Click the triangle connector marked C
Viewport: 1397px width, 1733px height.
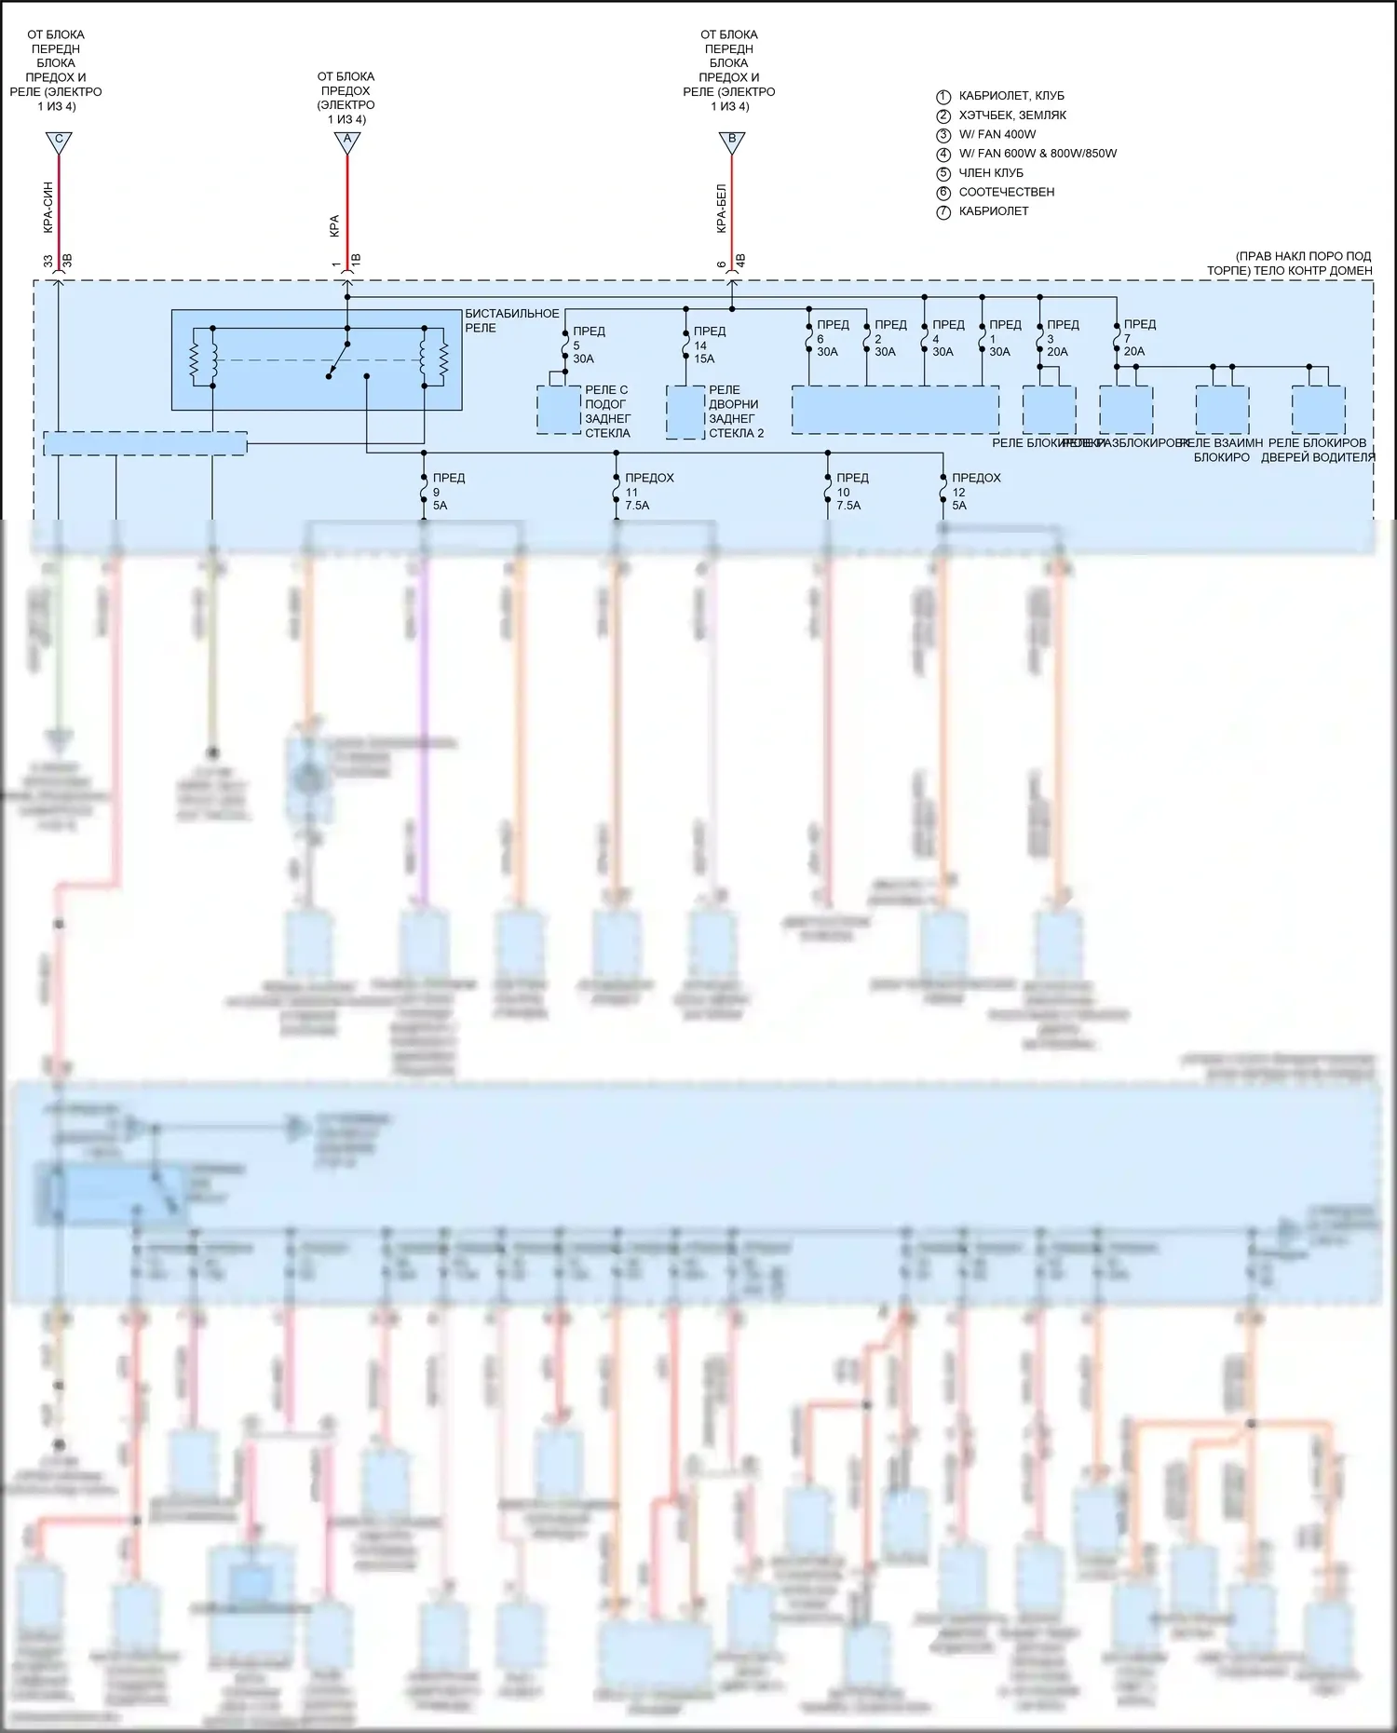[x=59, y=142]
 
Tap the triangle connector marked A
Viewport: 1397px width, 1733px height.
[x=347, y=142]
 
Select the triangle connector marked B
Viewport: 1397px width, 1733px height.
[x=732, y=142]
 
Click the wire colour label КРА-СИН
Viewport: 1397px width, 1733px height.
[x=47, y=208]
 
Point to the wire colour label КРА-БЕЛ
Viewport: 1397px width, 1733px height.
[x=721, y=209]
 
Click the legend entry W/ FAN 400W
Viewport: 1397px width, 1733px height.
[x=997, y=134]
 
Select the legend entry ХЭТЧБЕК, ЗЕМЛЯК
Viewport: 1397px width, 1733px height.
[x=1012, y=115]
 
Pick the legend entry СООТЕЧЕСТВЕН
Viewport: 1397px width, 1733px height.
[x=1006, y=192]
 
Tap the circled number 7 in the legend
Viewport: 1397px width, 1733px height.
[x=943, y=211]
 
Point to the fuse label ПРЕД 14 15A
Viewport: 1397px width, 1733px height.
[x=709, y=345]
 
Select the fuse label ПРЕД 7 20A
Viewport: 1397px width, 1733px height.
[x=1139, y=338]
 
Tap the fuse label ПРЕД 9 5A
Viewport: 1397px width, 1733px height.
[x=448, y=492]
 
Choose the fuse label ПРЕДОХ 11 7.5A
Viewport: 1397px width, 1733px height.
[x=648, y=492]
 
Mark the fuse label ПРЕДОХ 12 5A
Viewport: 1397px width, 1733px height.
[x=975, y=492]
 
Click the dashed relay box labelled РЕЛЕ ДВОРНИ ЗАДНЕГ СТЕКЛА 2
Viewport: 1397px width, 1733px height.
[x=685, y=411]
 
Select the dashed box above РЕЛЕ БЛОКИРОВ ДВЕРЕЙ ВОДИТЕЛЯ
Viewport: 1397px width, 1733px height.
[x=1318, y=410]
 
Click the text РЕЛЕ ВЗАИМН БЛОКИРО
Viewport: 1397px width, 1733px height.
[x=1221, y=450]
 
